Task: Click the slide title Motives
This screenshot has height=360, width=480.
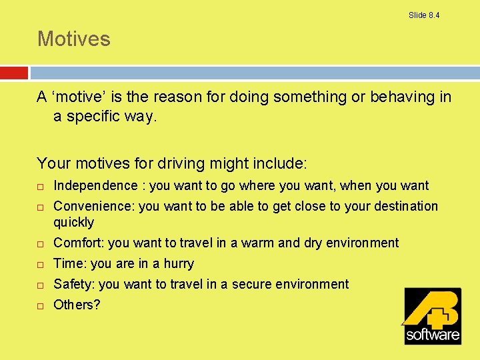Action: point(73,39)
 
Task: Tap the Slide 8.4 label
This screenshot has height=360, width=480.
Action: point(424,15)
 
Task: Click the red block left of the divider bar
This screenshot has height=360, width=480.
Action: point(14,72)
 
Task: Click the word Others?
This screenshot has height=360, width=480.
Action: point(77,305)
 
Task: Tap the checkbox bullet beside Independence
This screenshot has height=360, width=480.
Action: point(40,186)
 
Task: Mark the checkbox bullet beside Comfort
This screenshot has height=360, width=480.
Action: point(40,243)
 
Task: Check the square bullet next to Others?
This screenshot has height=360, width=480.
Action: point(40,305)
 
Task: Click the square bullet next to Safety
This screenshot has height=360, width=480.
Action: point(40,285)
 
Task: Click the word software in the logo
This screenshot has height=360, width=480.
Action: point(433,333)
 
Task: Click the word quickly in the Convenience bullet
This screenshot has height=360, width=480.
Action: point(73,222)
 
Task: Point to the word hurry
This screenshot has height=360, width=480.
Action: point(179,263)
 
